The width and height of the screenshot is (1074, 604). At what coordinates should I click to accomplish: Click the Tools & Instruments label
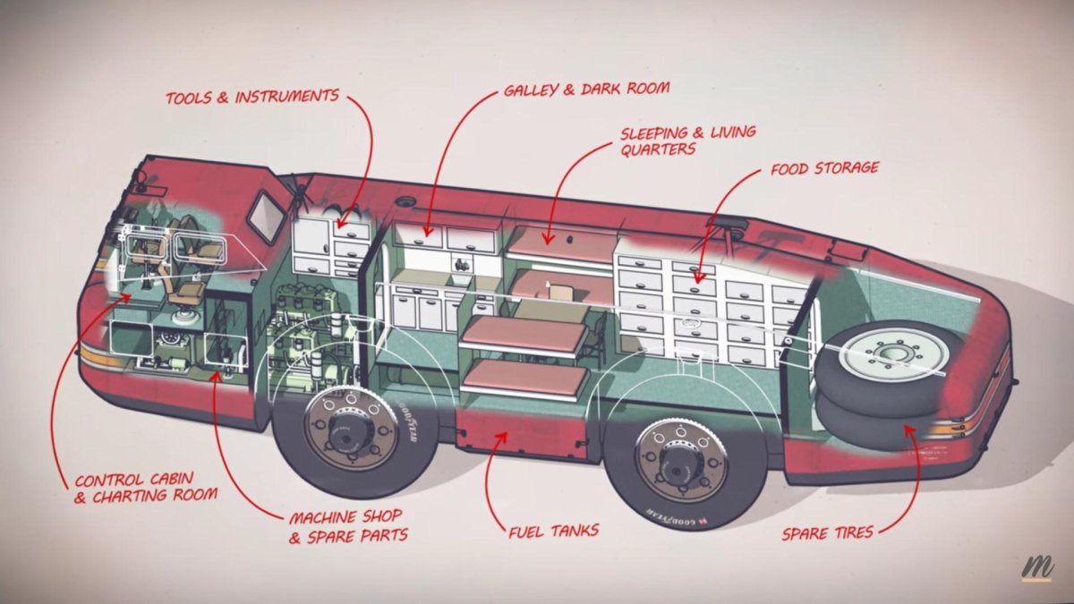point(252,97)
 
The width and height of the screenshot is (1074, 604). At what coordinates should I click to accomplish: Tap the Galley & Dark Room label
point(586,90)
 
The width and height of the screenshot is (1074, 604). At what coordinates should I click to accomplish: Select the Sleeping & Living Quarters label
point(687,140)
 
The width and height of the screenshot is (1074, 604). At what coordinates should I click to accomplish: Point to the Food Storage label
point(824,167)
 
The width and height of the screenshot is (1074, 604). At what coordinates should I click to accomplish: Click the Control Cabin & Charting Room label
point(144,488)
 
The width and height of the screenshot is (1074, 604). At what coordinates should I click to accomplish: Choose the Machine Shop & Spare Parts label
point(345,526)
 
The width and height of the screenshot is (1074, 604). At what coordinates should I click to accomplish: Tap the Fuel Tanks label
point(553,531)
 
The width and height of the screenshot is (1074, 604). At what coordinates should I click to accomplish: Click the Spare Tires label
point(827,532)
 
